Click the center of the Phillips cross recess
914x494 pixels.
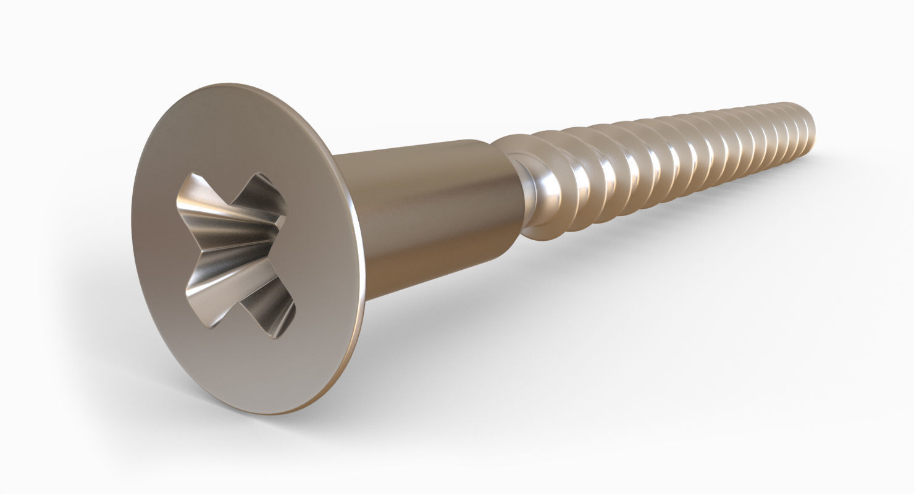click(238, 250)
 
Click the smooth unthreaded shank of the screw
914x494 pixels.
click(426, 210)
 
